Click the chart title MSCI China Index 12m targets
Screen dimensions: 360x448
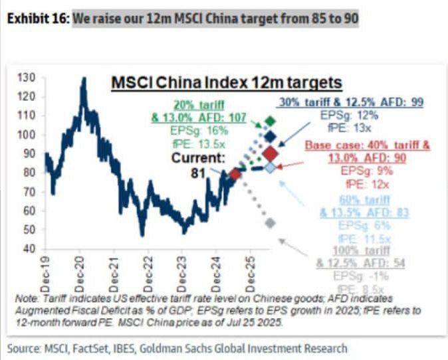(226, 82)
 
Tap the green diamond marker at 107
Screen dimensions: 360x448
(269, 121)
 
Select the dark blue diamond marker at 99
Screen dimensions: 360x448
(269, 137)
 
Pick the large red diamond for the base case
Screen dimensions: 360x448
(271, 154)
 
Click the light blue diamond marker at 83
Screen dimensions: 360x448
(270, 167)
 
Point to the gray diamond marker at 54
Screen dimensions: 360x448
(269, 223)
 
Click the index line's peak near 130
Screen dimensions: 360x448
(83, 79)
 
